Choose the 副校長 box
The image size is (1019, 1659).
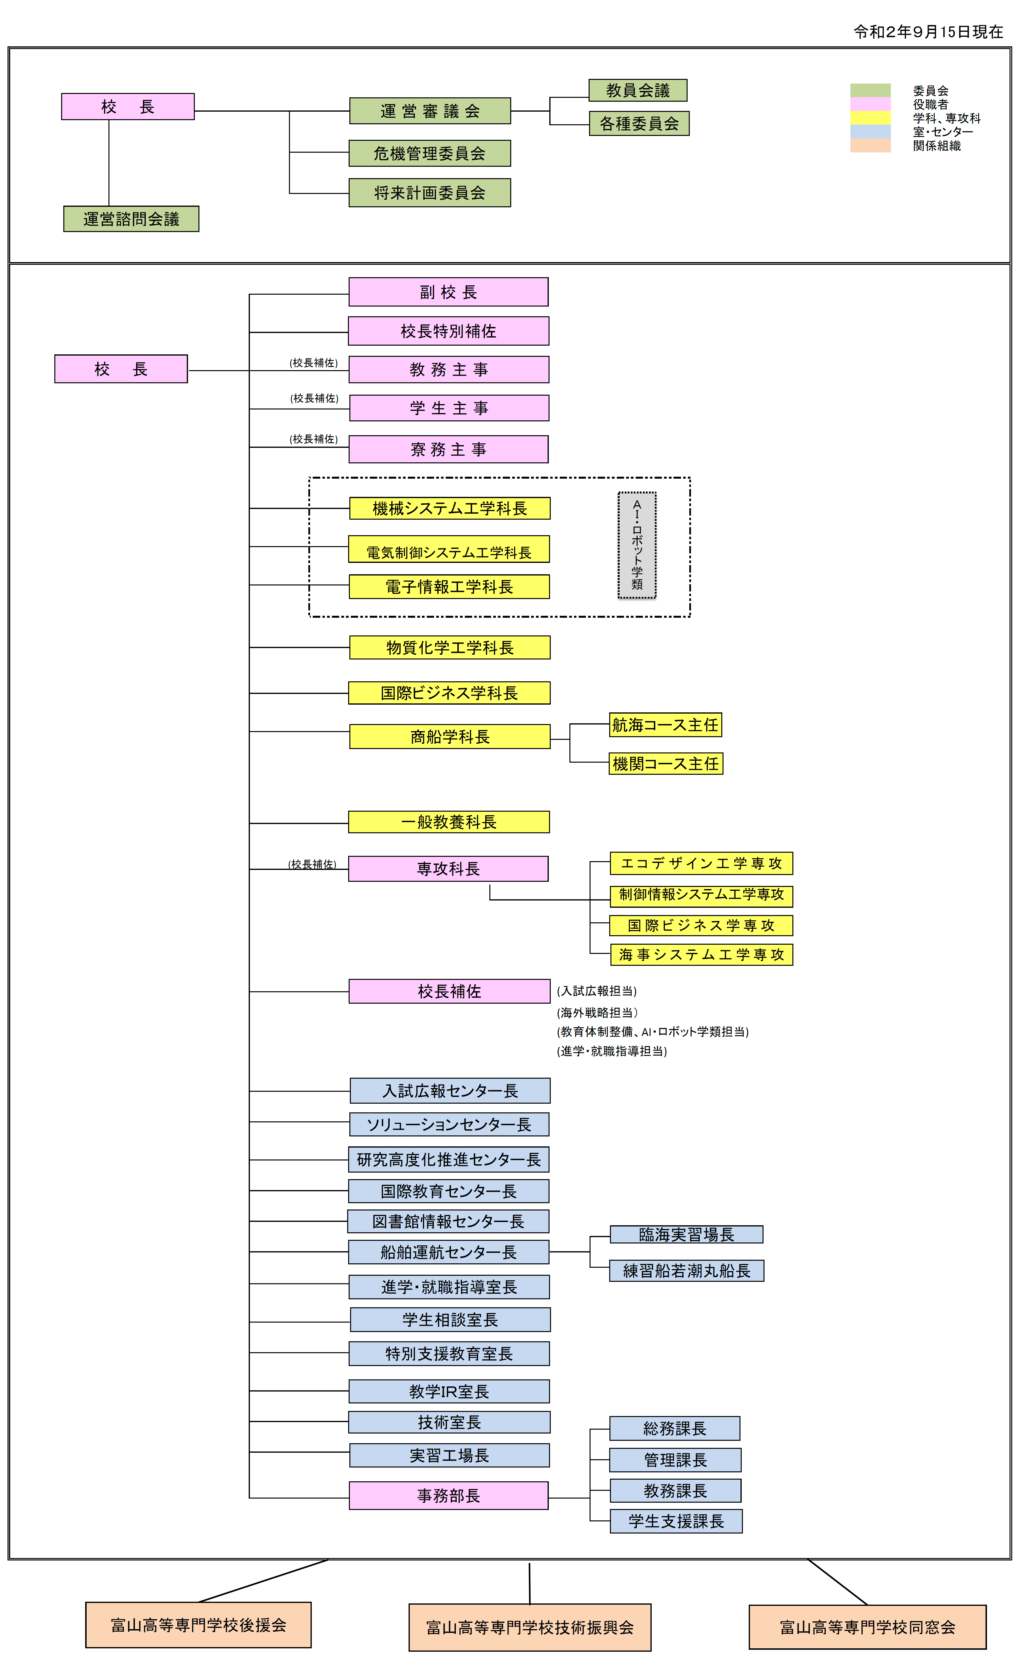tap(448, 292)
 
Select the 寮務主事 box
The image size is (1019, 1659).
tap(448, 449)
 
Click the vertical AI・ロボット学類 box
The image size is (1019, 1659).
tap(637, 545)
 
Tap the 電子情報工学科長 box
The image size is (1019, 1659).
tap(449, 586)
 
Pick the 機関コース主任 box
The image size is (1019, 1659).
tap(666, 764)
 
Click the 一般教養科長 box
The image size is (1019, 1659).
tap(449, 822)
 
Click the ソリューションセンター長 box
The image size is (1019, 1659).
tap(449, 1125)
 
